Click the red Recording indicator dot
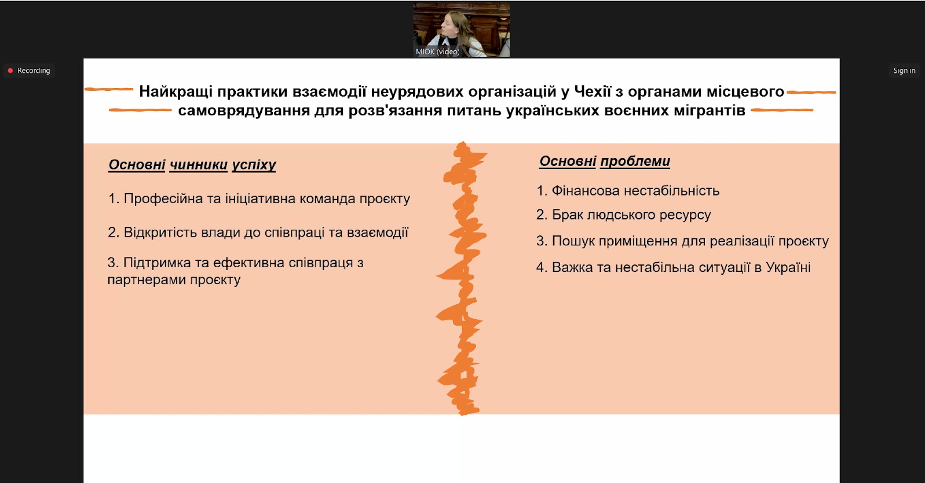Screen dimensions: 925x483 [10, 71]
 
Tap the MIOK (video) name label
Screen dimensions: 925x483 [437, 51]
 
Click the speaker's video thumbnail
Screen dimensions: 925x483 [461, 30]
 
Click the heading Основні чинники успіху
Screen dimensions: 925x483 [192, 165]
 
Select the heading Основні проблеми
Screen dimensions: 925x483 [605, 161]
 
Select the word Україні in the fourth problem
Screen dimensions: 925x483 [788, 268]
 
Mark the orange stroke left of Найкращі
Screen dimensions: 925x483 [109, 89]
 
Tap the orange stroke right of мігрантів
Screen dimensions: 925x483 [782, 110]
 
